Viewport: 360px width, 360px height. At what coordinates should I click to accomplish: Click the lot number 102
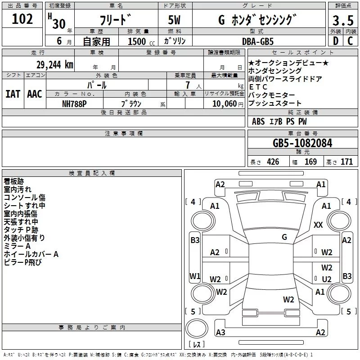[22, 19]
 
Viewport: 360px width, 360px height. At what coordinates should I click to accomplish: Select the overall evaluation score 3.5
[342, 21]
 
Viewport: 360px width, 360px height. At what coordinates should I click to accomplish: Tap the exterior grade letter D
[335, 41]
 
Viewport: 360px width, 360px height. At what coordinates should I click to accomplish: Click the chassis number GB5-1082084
[302, 144]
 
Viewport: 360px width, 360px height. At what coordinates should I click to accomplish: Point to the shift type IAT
[13, 94]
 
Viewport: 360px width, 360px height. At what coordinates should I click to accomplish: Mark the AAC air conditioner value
[35, 94]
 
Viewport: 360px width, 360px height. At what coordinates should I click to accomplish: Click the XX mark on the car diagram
[318, 225]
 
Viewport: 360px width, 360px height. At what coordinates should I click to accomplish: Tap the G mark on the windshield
[284, 237]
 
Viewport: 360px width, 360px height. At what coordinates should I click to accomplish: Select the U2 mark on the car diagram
[327, 279]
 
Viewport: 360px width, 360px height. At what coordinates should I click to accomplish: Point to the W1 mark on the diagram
[195, 275]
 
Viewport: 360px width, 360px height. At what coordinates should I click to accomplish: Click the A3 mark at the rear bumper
[220, 333]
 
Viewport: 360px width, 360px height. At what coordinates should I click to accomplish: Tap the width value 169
[310, 162]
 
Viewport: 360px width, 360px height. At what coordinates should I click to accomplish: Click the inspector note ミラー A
[17, 246]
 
